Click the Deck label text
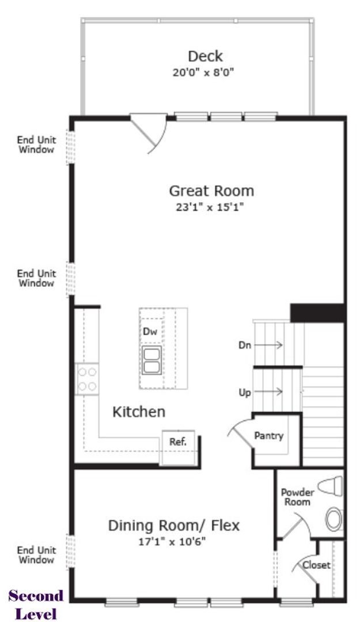click(205, 56)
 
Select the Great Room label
click(211, 190)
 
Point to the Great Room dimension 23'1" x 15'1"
click(211, 207)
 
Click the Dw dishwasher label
click(150, 331)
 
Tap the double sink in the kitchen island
click(151, 359)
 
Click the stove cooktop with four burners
click(87, 379)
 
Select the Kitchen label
click(138, 412)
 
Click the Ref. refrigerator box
click(177, 442)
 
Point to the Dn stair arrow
click(268, 345)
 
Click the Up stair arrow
click(268, 392)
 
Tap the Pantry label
click(269, 436)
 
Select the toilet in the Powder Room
click(330, 487)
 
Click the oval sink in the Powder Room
click(334, 518)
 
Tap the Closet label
click(317, 565)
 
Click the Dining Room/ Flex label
click(174, 525)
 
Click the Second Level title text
click(36, 604)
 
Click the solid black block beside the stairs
click(317, 313)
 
